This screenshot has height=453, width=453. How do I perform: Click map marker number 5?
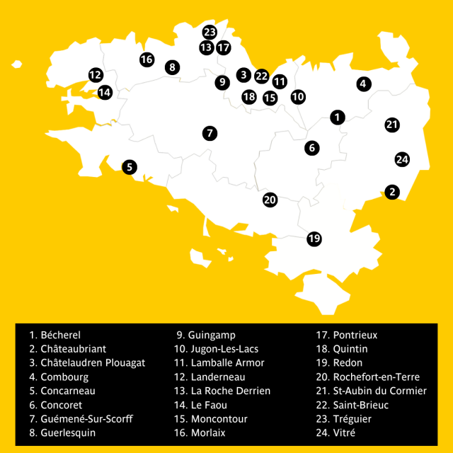(x=129, y=167)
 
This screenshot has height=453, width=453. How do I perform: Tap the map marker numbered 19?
(x=314, y=239)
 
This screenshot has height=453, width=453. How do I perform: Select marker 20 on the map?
(x=270, y=200)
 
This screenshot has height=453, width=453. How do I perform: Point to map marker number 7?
(x=209, y=132)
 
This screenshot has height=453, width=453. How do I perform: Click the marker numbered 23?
(x=209, y=32)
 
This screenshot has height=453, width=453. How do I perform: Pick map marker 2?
(x=392, y=192)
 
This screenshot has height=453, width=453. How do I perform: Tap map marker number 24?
(x=402, y=159)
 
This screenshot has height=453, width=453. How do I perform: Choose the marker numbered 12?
(x=96, y=74)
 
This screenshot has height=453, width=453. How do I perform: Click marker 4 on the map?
(x=363, y=84)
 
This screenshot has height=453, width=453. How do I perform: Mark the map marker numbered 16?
(x=147, y=59)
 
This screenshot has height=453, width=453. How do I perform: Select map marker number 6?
(x=312, y=148)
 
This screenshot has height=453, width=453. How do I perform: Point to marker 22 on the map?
(x=262, y=76)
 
